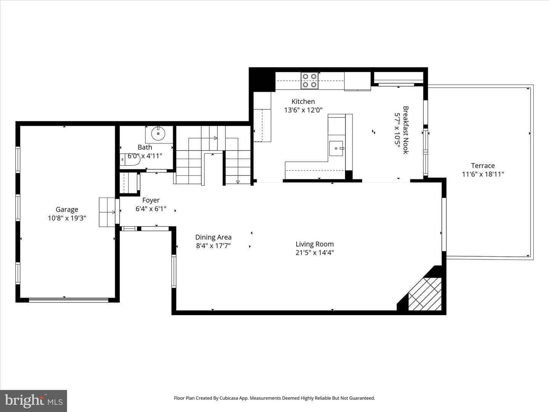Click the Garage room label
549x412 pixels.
click(x=67, y=209)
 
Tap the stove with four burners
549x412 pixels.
click(x=309, y=80)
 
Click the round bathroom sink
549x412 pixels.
click(x=158, y=134)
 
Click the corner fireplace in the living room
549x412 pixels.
click(x=425, y=293)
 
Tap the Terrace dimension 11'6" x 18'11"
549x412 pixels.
click(x=483, y=174)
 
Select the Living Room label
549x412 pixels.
click(x=315, y=244)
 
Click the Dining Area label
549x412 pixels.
click(x=213, y=237)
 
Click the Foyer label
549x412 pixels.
click(x=151, y=200)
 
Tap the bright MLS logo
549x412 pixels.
click(x=34, y=401)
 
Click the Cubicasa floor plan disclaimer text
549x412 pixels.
click(x=274, y=398)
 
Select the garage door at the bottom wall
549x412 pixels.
click(x=69, y=300)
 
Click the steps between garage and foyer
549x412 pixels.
click(x=107, y=212)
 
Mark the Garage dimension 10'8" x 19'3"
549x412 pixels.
click(x=67, y=218)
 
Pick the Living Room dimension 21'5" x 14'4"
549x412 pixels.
click(x=315, y=253)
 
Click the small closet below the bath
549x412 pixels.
click(x=129, y=183)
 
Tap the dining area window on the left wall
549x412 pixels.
click(x=174, y=271)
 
